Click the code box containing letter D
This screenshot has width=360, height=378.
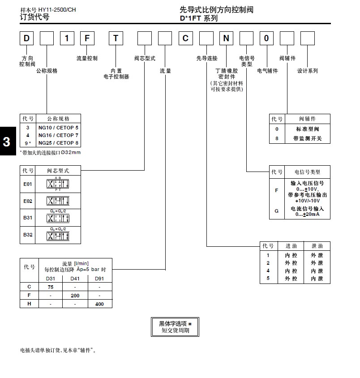point(26,39)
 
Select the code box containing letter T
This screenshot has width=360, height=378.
point(116,39)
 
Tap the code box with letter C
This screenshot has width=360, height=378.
point(186,39)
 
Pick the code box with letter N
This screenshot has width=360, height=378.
point(226,39)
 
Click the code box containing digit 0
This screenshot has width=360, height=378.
point(266,39)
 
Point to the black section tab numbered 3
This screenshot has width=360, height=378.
point(6,142)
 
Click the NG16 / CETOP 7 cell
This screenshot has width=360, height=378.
point(58,135)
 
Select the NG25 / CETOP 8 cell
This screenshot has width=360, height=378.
point(58,143)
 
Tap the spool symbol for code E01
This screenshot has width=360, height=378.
point(58,184)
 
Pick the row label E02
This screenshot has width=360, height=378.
point(28,201)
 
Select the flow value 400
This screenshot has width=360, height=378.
point(99,304)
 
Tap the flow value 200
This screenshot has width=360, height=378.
point(75,296)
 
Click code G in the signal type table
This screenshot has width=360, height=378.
point(276,211)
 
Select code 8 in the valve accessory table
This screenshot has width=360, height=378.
point(277,138)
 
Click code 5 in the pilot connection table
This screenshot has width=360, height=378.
point(268,279)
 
